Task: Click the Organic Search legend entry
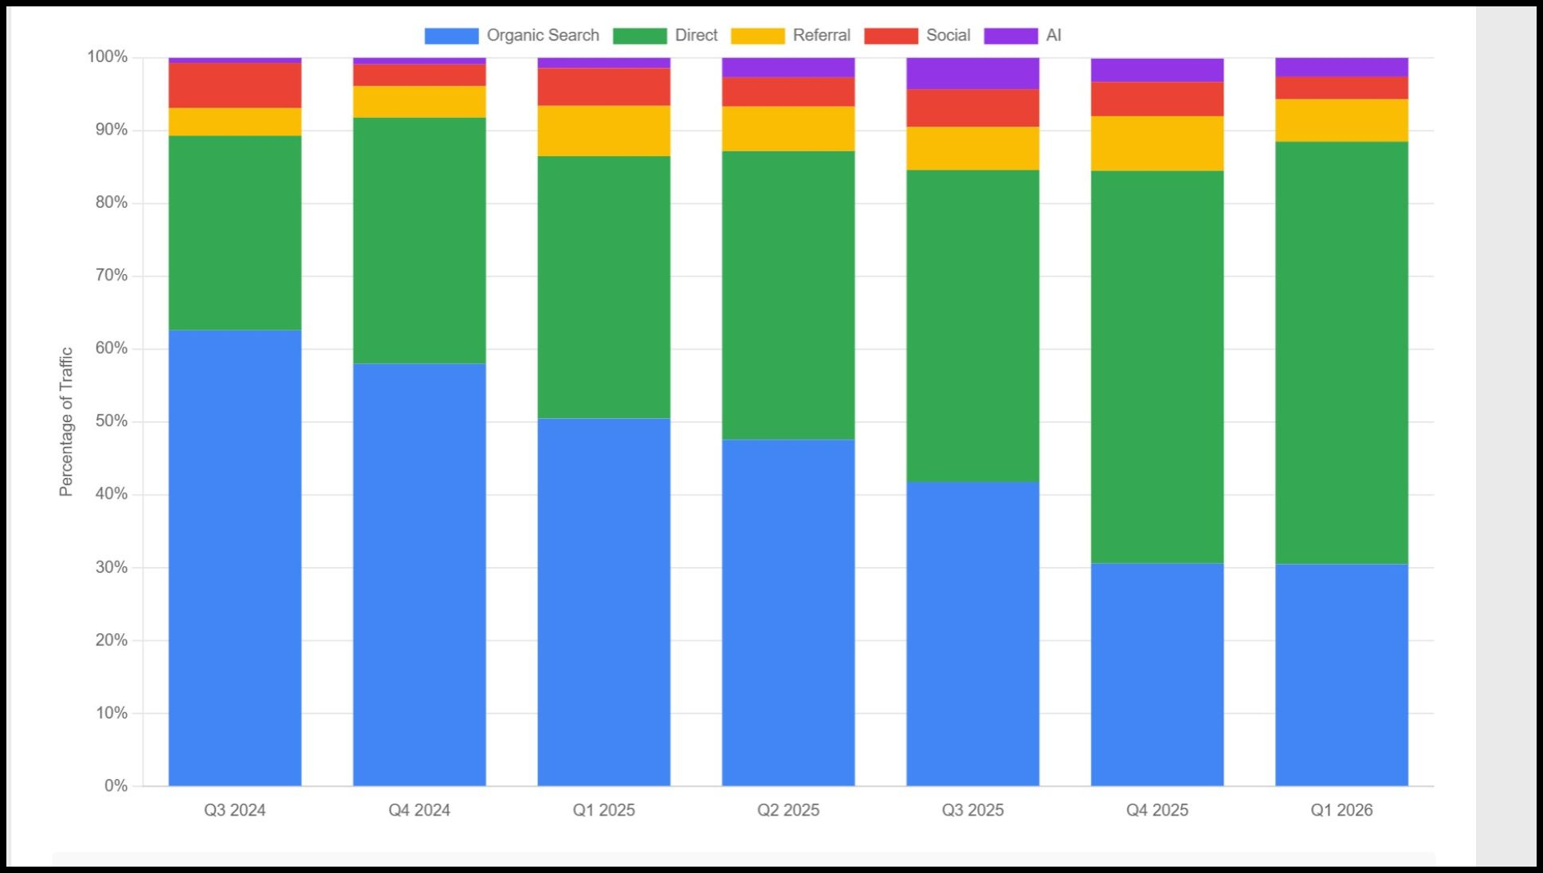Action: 512,36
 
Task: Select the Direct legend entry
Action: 665,36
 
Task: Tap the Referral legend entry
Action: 791,36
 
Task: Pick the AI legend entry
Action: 1023,36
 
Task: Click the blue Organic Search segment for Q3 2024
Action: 235,558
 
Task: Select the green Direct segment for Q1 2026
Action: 1341,353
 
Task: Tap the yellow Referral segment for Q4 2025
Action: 1157,143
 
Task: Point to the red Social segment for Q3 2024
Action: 235,85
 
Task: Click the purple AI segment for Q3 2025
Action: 972,73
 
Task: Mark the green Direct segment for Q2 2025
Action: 788,295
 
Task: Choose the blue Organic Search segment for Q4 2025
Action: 1157,675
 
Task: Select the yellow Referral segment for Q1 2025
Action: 603,131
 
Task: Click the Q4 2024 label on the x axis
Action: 419,810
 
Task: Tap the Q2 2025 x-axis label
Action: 788,810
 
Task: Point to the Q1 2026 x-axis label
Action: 1341,810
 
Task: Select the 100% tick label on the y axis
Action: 108,57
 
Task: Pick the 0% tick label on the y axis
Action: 116,786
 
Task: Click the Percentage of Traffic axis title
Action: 66,421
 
